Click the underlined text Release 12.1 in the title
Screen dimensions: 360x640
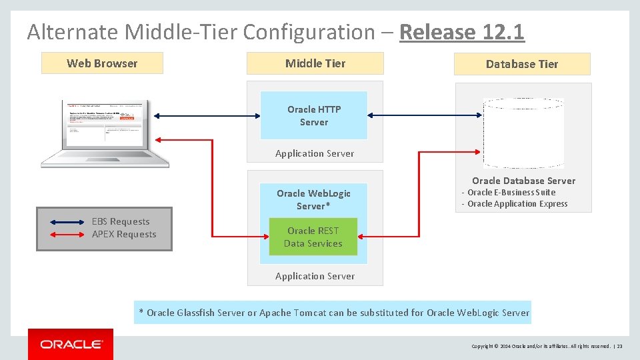pos(461,32)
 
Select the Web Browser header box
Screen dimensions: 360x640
pos(102,63)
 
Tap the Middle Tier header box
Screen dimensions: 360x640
pos(315,63)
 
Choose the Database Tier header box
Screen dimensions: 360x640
pos(522,64)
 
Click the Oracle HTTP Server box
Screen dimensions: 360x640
pos(314,115)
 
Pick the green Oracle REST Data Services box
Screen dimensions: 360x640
pos(313,237)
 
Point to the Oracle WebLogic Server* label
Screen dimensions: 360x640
pos(313,199)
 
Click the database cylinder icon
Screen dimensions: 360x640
pos(523,133)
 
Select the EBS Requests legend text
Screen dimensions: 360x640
pos(121,221)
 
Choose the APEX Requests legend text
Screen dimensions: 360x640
pos(124,234)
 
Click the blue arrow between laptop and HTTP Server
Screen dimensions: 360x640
pos(207,115)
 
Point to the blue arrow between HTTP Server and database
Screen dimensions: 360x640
pos(425,115)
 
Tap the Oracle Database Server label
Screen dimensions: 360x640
pos(523,181)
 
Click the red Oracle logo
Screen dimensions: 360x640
pos(71,344)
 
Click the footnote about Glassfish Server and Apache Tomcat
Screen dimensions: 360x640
pos(333,312)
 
